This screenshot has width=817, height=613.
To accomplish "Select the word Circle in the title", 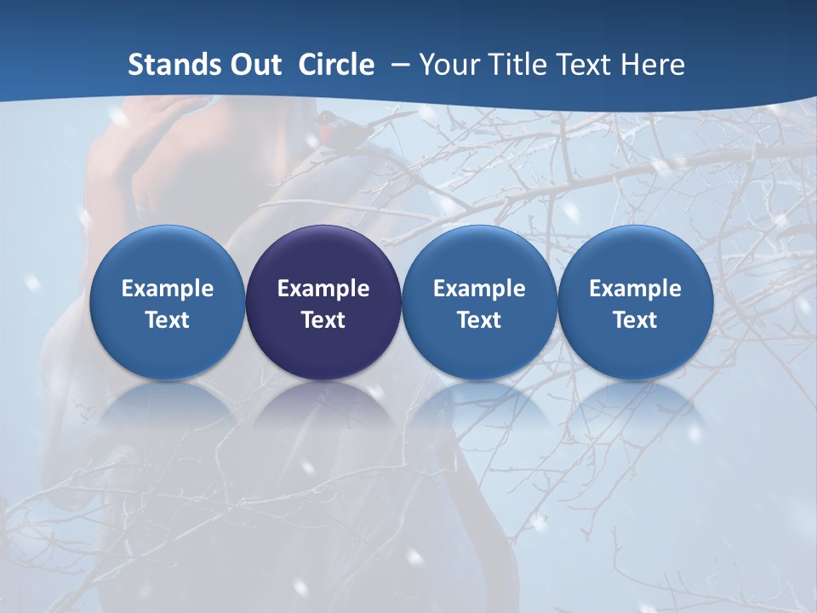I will click(336, 65).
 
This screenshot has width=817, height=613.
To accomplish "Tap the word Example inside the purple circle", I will click(323, 289).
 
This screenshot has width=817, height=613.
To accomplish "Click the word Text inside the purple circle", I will click(323, 320).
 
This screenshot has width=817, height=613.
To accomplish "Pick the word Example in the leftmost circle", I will click(168, 289).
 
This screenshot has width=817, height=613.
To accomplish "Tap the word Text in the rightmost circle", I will click(636, 320).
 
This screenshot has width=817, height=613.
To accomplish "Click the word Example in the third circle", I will click(479, 289).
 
